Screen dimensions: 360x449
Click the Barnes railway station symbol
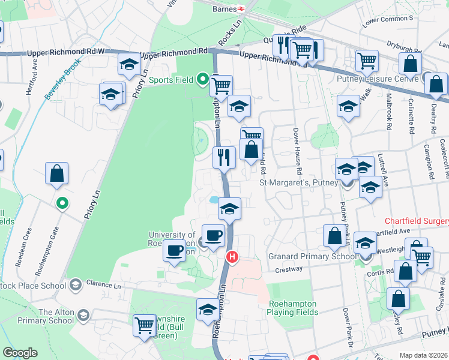[240, 9]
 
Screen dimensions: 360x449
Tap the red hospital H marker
[232, 257]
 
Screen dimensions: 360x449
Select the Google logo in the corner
[20, 353]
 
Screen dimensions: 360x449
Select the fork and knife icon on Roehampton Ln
[223, 158]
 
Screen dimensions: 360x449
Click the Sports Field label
[171, 80]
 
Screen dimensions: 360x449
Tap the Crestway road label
[289, 269]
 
